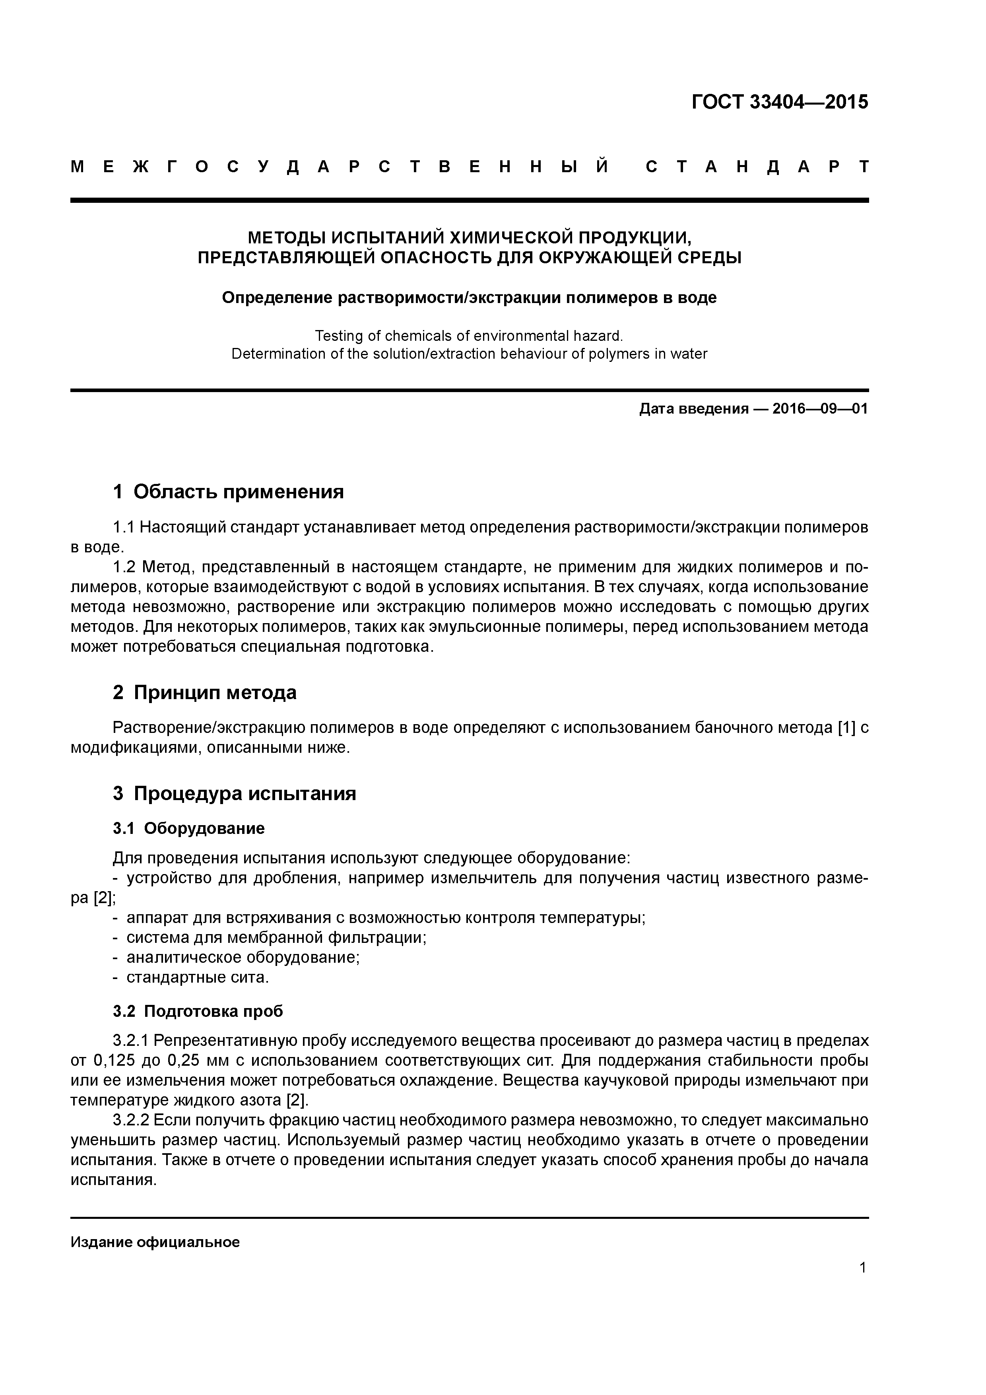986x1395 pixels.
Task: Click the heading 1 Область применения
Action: tap(229, 492)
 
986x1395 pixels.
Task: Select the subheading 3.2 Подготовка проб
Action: tap(198, 1012)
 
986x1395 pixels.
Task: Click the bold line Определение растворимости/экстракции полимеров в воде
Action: tap(469, 298)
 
